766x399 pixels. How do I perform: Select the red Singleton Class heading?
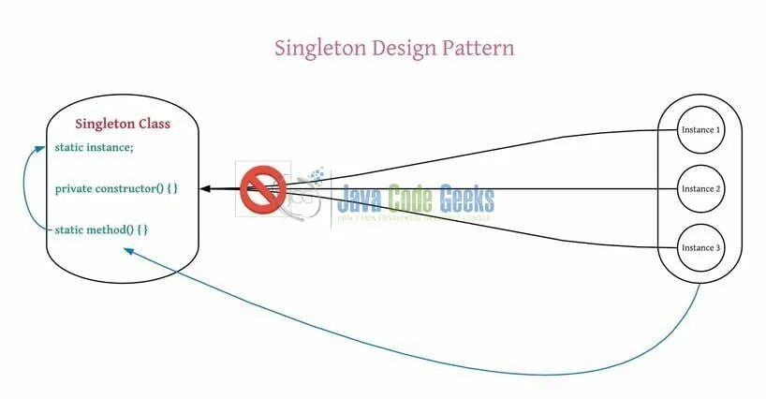coord(123,124)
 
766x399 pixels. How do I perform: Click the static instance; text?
coord(94,147)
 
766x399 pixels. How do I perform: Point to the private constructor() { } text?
coord(116,188)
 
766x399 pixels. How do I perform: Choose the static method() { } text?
coord(101,229)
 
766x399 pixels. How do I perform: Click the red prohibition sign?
coord(262,189)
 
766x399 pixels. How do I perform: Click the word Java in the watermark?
coord(366,199)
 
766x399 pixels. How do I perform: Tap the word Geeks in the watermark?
coord(464,199)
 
